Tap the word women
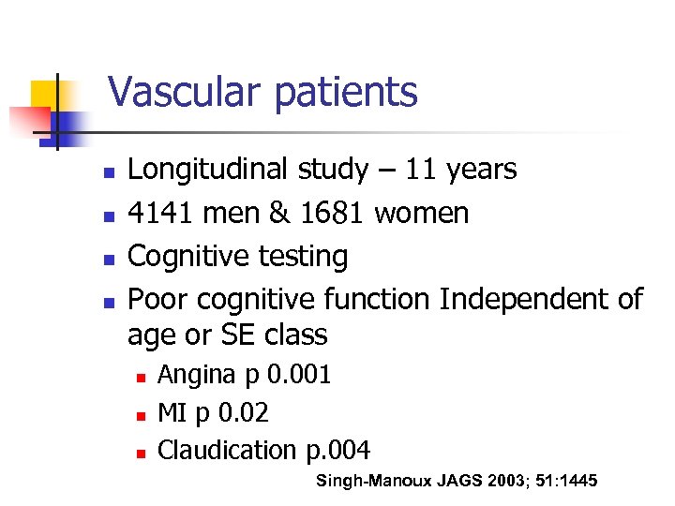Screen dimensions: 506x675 [422, 214]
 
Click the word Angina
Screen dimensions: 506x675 [196, 376]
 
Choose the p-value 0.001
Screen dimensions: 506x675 [299, 375]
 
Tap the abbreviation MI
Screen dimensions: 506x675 [171, 412]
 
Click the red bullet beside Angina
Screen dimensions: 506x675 [139, 377]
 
